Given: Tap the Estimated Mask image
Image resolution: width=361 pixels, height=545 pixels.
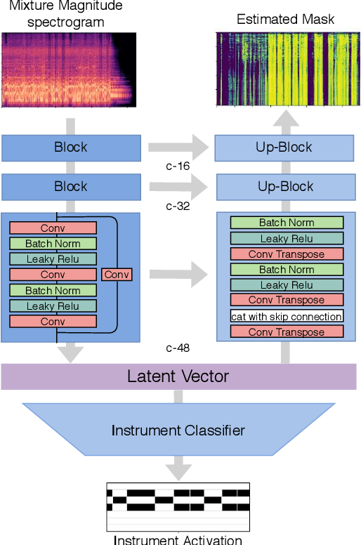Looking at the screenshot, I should (x=285, y=69).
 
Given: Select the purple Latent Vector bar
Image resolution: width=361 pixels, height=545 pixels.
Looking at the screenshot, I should (x=178, y=376).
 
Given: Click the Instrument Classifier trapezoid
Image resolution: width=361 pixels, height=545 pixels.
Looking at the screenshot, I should (x=178, y=430).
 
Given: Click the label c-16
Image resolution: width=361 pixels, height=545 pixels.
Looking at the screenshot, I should (x=178, y=166).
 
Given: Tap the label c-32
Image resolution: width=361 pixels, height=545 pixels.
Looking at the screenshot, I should (x=178, y=206).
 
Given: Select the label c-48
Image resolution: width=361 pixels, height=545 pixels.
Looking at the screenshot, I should (x=178, y=348).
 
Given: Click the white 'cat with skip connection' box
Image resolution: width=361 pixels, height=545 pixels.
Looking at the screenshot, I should (x=287, y=316).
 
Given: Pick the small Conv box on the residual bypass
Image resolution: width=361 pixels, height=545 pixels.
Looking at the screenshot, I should (x=117, y=275).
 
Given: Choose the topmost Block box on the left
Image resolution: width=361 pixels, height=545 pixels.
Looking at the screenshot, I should (x=71, y=147).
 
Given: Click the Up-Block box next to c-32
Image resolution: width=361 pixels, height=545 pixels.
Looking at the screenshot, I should (x=285, y=188).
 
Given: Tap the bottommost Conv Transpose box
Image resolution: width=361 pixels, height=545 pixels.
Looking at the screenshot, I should (x=287, y=332).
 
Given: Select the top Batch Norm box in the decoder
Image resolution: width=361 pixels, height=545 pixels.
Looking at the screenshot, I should (x=287, y=223).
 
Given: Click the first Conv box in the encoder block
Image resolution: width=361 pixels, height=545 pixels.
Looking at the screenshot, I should (x=53, y=228).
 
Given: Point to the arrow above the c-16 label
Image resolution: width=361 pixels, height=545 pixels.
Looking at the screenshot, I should (x=178, y=148).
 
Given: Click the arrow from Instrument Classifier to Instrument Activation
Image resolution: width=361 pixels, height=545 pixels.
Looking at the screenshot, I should (x=178, y=466).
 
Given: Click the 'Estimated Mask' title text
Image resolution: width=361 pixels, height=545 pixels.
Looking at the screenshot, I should (x=285, y=20).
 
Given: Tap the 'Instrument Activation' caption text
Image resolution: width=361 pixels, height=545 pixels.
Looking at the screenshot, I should (x=178, y=539).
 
